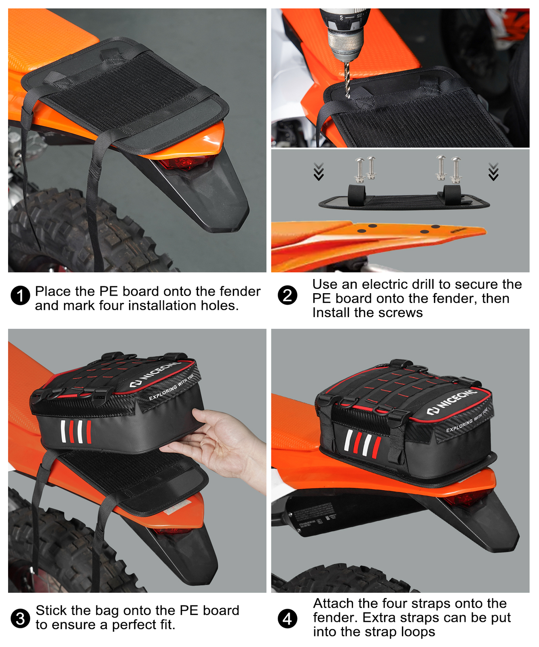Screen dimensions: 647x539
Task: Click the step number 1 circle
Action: (x=20, y=296)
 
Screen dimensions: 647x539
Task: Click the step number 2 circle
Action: (x=287, y=296)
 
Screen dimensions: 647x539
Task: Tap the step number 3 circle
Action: (x=20, y=619)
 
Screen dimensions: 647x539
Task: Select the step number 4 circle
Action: (x=287, y=619)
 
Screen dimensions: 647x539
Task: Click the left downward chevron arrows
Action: (x=319, y=171)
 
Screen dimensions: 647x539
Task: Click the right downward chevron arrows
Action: (x=493, y=171)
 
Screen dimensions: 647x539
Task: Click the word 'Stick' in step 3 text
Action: (x=50, y=610)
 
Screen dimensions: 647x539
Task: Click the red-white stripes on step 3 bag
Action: (x=76, y=432)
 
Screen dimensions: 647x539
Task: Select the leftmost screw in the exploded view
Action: (x=359, y=170)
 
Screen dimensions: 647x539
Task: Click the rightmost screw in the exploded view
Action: (x=456, y=170)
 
